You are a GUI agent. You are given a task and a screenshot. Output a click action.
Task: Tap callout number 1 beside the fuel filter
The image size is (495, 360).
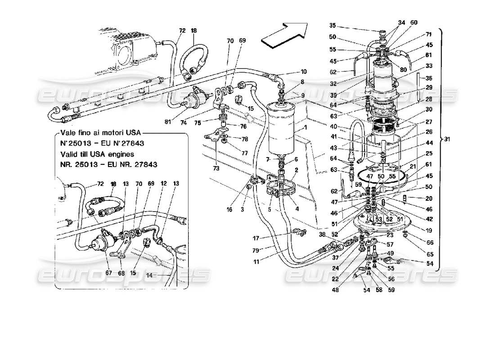pos(305,127)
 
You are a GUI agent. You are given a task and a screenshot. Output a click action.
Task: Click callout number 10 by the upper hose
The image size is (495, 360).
pos(304,72)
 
